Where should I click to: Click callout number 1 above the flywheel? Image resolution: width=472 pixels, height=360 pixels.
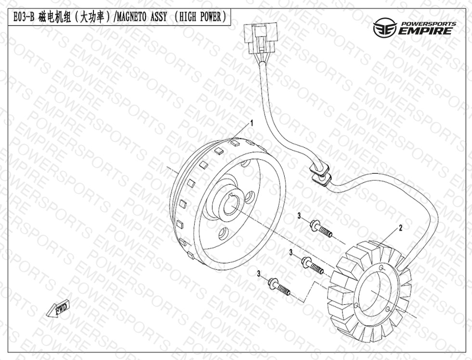251,124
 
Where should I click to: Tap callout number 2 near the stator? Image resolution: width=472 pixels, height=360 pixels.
400,227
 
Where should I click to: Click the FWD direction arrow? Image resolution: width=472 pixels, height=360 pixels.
59,309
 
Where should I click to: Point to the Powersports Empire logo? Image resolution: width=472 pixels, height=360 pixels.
414,29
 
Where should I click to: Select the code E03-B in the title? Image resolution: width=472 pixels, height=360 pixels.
21,17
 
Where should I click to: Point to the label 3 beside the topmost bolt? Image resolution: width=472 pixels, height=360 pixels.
299,215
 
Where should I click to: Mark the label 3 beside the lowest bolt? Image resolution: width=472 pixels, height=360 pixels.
259,273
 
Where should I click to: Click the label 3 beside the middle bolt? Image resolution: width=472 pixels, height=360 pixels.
291,252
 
